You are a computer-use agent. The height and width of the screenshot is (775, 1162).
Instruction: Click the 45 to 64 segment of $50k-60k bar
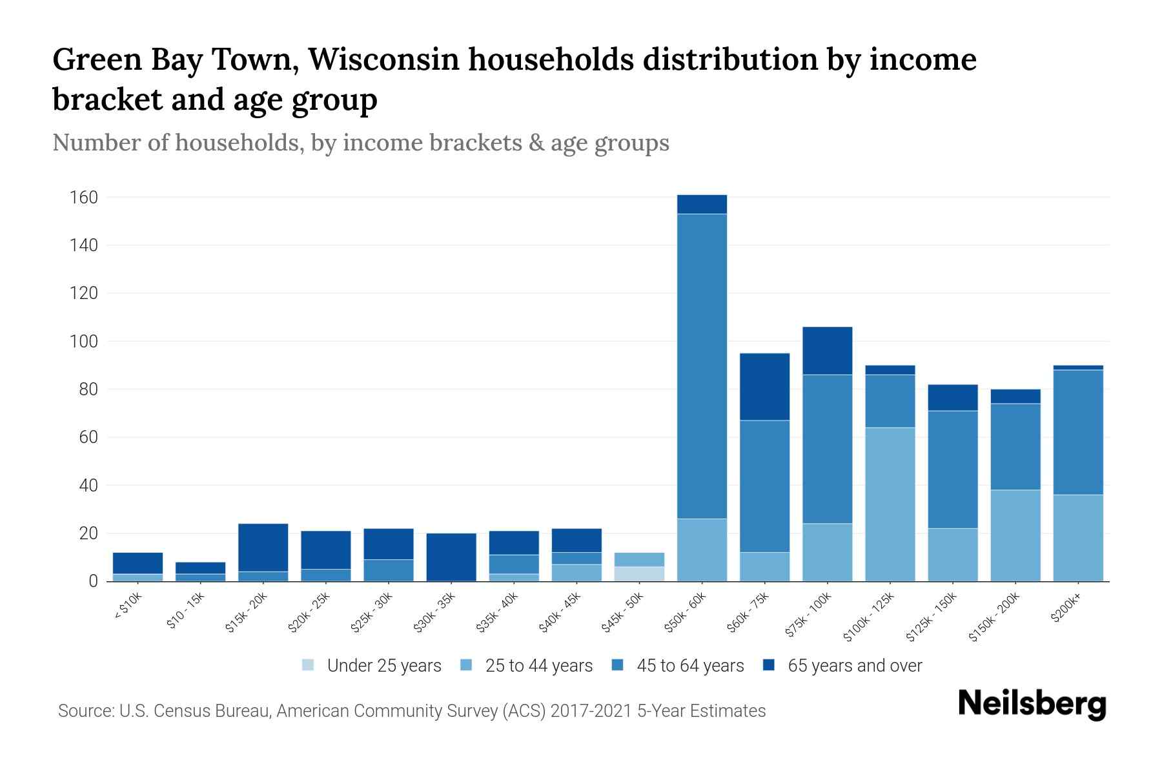coord(702,366)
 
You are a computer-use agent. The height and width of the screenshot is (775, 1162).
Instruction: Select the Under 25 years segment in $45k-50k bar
coord(639,573)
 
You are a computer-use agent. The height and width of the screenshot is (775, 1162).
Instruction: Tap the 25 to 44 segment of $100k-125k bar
coord(890,504)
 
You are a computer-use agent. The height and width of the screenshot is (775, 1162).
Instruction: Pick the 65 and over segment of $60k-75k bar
coord(764,386)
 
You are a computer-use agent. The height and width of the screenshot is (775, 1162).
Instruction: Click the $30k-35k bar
coord(451,557)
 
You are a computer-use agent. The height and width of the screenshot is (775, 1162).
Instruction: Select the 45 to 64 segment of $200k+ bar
coord(1078,432)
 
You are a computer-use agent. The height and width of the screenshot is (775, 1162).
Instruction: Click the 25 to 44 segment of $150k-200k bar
coord(1015,535)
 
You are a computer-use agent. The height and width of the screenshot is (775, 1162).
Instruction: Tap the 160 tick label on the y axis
coord(84,198)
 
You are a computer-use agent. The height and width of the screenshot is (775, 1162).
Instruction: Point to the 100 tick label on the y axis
coord(84,342)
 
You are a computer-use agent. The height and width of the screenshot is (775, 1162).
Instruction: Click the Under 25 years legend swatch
coord(309,665)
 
